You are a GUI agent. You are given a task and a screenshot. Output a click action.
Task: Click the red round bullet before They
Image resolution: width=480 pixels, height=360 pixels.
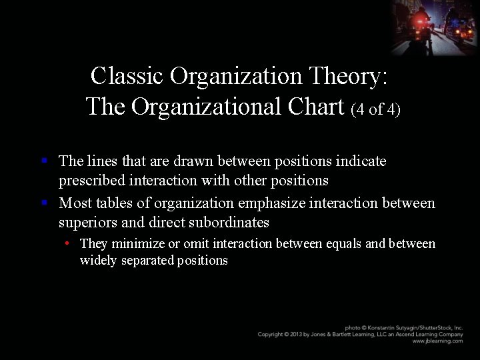pos(69,243)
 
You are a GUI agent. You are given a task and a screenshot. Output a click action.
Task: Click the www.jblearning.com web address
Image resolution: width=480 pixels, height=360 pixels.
pos(437,341)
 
